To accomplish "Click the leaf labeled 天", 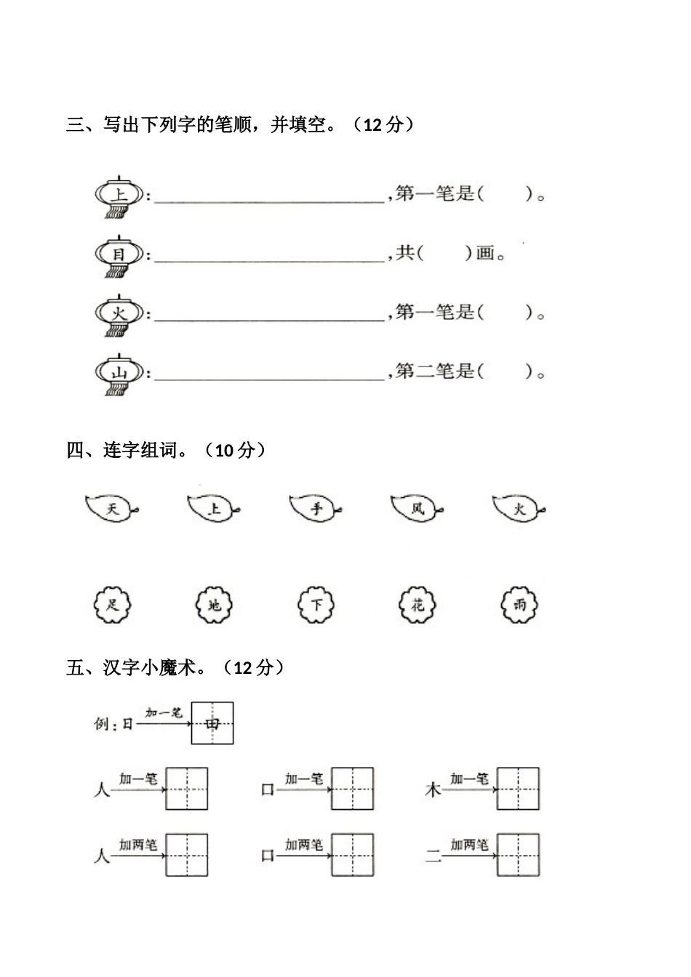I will click(111, 508).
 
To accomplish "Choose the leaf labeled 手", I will click(315, 508).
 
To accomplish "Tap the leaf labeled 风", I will click(417, 508).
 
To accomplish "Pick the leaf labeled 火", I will click(519, 508).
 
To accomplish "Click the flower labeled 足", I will click(112, 604).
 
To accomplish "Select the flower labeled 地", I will click(214, 604).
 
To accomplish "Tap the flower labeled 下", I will click(316, 604).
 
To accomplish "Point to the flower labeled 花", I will click(418, 604).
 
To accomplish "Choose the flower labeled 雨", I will click(519, 604).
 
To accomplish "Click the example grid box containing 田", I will click(212, 723).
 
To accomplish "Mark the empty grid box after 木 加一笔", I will click(518, 789).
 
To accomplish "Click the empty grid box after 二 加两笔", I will click(518, 855).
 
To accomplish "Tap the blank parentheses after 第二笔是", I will click(505, 372).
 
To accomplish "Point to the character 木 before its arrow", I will click(433, 789).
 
